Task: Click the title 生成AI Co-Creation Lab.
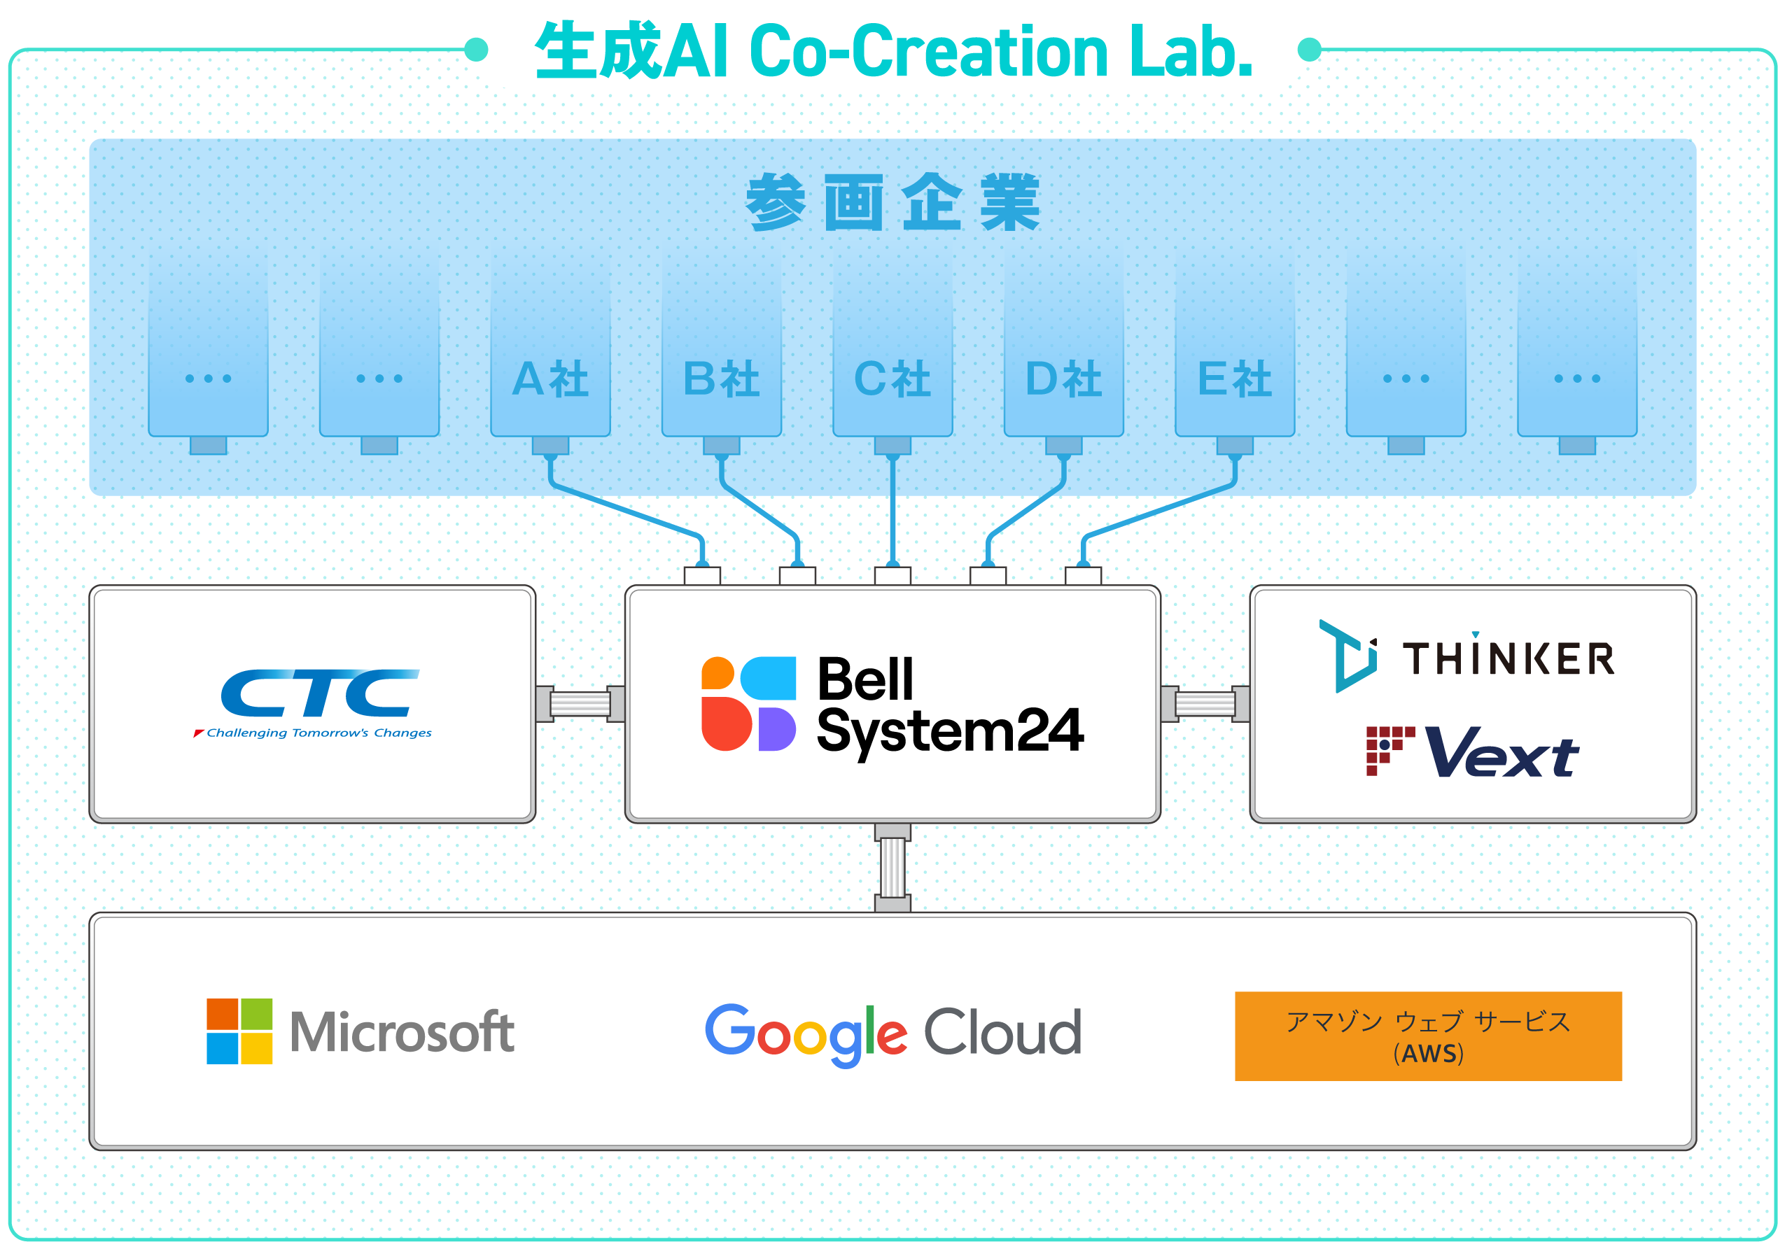[894, 51]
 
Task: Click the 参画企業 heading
[892, 202]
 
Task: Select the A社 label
[550, 379]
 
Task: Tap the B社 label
[722, 379]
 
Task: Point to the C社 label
[892, 379]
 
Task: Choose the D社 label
[1063, 379]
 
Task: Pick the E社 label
[1235, 379]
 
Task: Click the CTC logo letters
[319, 693]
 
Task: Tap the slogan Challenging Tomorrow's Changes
[318, 733]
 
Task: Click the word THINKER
[1508, 658]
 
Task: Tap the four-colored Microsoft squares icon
[239, 1031]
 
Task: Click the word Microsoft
[402, 1032]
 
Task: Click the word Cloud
[1003, 1032]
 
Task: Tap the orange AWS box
[1428, 1036]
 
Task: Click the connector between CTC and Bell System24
[580, 704]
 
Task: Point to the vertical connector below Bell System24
[892, 868]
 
